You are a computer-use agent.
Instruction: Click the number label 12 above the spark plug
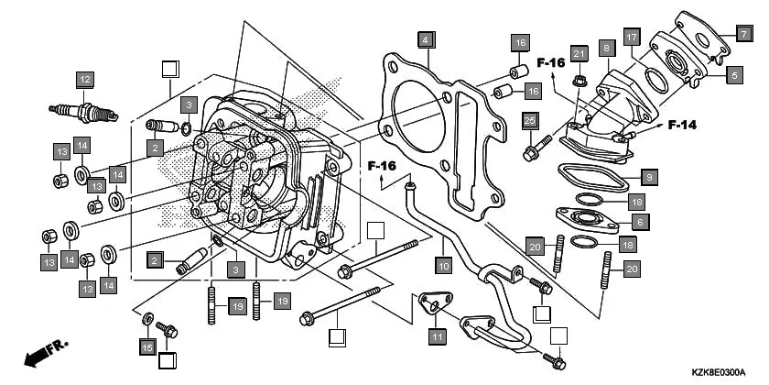tap(84, 79)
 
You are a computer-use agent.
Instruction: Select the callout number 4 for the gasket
tap(425, 39)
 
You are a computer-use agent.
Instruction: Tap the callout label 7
tap(744, 32)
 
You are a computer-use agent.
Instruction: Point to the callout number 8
tap(606, 45)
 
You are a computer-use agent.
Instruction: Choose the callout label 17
tap(631, 37)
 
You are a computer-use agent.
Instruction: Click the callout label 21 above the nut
tap(578, 55)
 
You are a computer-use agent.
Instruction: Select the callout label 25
tap(529, 120)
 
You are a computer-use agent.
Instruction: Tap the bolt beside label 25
tap(535, 148)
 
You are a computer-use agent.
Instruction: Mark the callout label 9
tap(648, 176)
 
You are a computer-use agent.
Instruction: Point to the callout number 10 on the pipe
tap(443, 267)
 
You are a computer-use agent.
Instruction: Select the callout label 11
tap(437, 336)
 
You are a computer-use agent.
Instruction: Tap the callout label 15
tap(147, 346)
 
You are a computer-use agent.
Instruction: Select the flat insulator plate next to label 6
tap(587, 219)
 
